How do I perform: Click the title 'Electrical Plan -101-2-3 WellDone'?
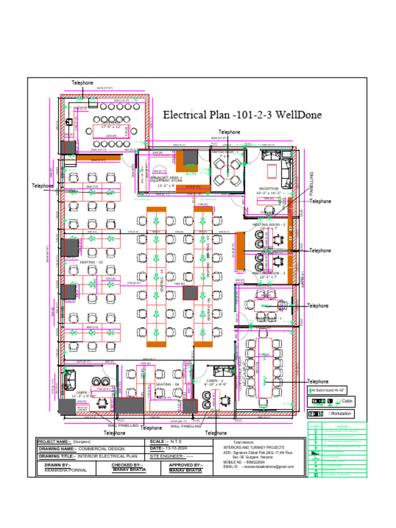[242, 114]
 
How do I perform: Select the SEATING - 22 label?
[91, 262]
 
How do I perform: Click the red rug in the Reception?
[271, 171]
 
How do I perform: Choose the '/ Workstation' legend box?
[331, 414]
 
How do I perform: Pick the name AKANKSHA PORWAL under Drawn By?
[65, 470]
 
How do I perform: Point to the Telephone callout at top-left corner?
[82, 82]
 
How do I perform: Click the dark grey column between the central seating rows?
[190, 292]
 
